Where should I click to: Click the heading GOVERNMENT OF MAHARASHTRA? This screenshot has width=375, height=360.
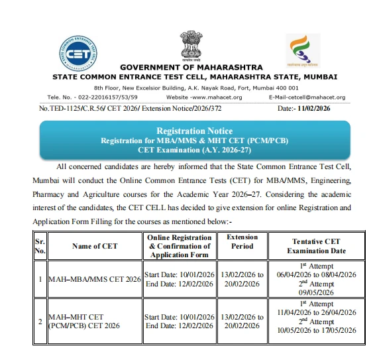pos(191,68)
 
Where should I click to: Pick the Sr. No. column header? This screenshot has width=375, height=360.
pos(40,246)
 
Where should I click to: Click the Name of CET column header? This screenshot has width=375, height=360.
pos(95,246)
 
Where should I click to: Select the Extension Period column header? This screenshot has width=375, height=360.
pos(242,241)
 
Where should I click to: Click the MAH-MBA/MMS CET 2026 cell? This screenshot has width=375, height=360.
pos(95,279)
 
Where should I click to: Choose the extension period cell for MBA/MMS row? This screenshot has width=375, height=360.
pos(242,279)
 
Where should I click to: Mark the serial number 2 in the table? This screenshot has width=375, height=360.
pos(40,322)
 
